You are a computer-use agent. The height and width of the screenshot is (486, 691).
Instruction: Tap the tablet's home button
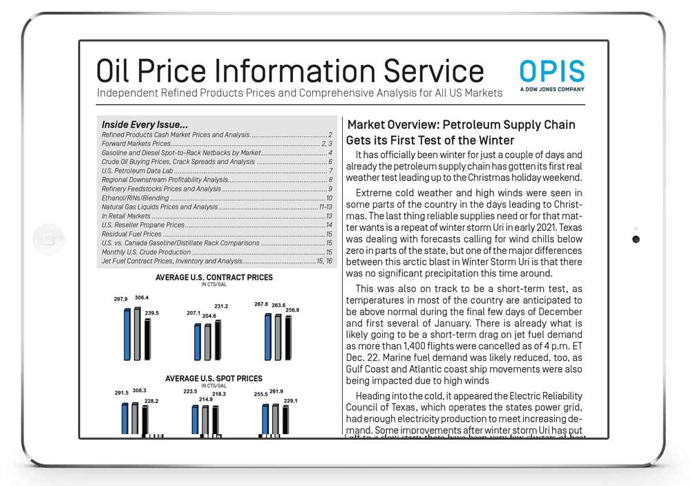48,239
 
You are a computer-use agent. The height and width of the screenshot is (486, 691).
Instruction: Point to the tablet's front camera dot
636,239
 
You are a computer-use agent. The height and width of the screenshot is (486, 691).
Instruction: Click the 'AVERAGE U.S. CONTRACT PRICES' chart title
214,277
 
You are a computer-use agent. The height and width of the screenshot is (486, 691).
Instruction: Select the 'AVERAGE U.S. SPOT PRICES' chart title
214,378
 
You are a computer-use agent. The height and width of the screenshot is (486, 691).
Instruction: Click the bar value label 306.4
141,298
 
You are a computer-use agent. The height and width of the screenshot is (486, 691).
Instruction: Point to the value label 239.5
151,312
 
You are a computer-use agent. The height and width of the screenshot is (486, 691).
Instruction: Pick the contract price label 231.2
221,306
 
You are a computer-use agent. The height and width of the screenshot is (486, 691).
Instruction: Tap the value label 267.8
261,304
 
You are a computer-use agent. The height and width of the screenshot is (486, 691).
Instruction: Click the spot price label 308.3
140,391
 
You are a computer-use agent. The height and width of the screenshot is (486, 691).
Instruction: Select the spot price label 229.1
290,400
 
